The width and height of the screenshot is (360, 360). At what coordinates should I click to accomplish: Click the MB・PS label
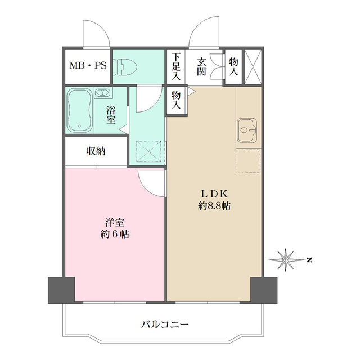click(x=87, y=66)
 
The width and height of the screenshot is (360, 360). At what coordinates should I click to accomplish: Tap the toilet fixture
click(x=124, y=66)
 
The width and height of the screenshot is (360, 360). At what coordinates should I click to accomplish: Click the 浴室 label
click(x=111, y=115)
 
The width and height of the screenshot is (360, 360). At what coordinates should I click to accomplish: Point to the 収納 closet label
click(x=96, y=151)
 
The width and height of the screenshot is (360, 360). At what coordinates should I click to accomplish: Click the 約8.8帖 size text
click(x=214, y=206)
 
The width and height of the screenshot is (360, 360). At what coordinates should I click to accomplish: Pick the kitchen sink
click(x=247, y=131)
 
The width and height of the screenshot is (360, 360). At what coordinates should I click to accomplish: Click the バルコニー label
click(x=165, y=325)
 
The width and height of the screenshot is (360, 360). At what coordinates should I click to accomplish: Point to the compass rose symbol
click(x=286, y=259)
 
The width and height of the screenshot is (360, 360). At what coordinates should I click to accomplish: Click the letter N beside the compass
click(x=309, y=259)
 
